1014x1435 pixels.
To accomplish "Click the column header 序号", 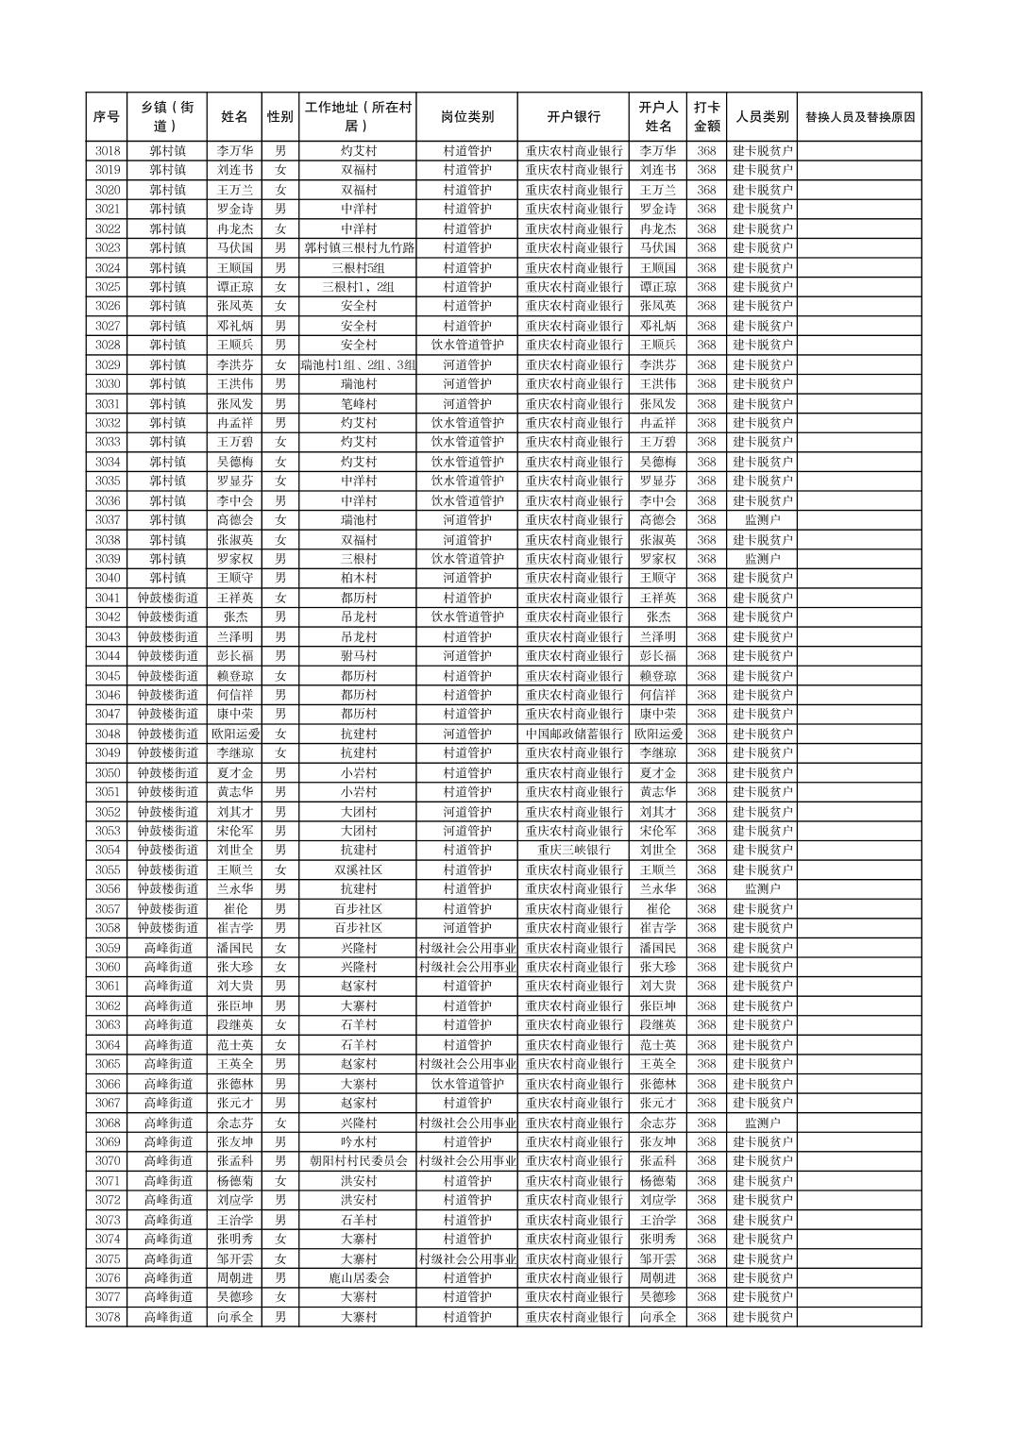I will tap(107, 117).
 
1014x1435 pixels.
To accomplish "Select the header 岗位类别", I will tap(466, 117).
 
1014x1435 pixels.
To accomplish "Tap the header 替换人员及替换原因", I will tap(858, 117).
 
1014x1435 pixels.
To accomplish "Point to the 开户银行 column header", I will tap(573, 117).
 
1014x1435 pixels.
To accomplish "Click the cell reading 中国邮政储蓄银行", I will tap(573, 734).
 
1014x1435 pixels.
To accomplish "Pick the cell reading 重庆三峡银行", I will tap(573, 850).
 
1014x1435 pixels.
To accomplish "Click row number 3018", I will tap(107, 150).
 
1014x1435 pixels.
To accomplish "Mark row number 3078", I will tap(107, 1316).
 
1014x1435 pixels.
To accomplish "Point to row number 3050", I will tap(107, 772).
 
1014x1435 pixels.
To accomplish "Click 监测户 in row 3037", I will tap(762, 519).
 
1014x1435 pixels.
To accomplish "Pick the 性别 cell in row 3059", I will tap(279, 947).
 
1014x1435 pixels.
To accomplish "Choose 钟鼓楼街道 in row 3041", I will tap(168, 598).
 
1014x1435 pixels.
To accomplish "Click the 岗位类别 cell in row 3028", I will tap(466, 345).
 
